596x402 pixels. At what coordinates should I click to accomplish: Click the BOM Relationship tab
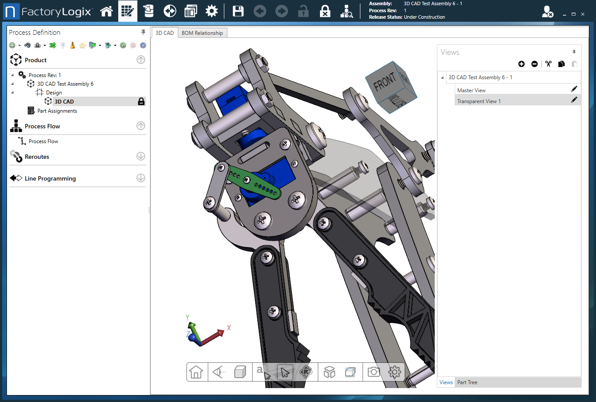[x=202, y=33]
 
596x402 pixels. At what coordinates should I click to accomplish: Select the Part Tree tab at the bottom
[x=467, y=382]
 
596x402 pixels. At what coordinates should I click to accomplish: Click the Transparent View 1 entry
[x=479, y=101]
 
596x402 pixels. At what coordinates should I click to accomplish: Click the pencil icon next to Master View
[x=574, y=89]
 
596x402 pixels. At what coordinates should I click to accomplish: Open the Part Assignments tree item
[x=57, y=111]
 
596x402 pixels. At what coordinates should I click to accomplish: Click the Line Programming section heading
[x=50, y=178]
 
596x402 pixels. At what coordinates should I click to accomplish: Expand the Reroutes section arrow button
[x=141, y=156]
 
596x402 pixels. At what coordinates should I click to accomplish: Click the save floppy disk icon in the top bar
[x=238, y=11]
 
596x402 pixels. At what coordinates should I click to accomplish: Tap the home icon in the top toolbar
[x=107, y=11]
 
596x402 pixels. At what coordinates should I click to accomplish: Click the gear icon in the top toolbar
[x=212, y=11]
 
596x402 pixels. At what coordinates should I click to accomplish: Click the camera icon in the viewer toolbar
[x=373, y=372]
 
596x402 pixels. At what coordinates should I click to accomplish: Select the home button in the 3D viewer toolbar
[x=196, y=372]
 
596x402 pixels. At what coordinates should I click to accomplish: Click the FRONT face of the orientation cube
[x=384, y=82]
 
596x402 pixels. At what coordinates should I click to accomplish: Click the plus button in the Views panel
[x=521, y=64]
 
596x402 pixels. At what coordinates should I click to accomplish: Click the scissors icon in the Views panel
[x=548, y=64]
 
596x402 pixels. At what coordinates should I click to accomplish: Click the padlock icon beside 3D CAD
[x=141, y=101]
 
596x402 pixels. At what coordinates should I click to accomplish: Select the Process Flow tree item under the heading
[x=43, y=141]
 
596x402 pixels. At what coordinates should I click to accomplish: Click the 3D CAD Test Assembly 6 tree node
[x=65, y=84]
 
